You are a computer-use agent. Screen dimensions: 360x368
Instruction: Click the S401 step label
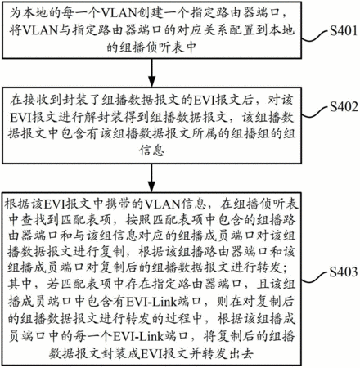point(343,31)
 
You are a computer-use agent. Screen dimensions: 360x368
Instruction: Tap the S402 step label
point(343,107)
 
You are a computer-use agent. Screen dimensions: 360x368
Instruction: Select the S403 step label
point(343,272)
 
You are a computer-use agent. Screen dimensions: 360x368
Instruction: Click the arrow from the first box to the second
point(151,73)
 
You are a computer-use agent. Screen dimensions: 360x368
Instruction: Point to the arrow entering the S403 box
point(151,178)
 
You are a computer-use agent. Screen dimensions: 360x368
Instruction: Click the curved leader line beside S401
point(315,35)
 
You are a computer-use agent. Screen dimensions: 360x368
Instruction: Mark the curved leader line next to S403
point(315,276)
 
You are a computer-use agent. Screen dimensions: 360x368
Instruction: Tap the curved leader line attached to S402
point(315,111)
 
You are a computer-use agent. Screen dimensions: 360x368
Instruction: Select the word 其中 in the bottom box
point(20,284)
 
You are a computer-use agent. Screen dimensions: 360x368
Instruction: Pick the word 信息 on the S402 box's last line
point(151,150)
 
